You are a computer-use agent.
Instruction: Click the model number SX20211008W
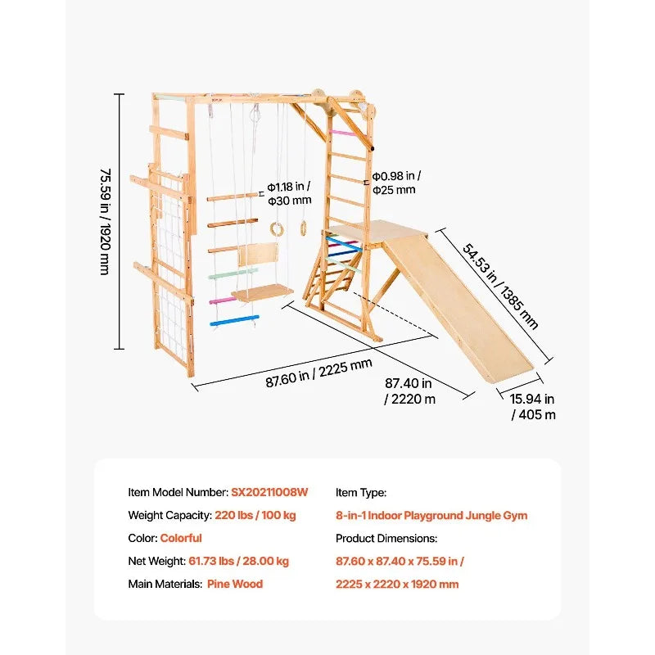[x=269, y=492]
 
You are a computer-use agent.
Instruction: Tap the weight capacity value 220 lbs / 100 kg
[x=255, y=515]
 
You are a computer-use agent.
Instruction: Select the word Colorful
[x=181, y=538]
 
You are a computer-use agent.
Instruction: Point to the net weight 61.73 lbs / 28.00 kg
[x=238, y=561]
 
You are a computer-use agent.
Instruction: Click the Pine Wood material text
[x=235, y=584]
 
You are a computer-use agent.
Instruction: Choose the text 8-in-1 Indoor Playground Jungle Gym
[x=431, y=516]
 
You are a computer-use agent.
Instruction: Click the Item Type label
[x=361, y=493]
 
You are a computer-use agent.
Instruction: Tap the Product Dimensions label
[x=386, y=538]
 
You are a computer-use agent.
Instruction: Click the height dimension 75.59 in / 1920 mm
[x=106, y=221]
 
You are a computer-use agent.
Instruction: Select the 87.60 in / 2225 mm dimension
[x=318, y=373]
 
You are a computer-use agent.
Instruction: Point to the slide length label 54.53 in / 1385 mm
[x=500, y=287]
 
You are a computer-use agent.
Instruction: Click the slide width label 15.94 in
[x=532, y=399]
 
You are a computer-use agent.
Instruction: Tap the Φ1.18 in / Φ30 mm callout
[x=290, y=193]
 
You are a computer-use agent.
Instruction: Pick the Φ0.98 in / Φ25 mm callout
[x=396, y=183]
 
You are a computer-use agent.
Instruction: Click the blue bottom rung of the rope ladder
[x=234, y=321]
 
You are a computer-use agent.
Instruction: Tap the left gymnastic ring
[x=276, y=229]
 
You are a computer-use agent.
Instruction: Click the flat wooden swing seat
[x=262, y=292]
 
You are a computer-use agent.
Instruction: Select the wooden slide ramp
[x=458, y=308]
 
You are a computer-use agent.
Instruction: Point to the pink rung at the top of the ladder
[x=342, y=133]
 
